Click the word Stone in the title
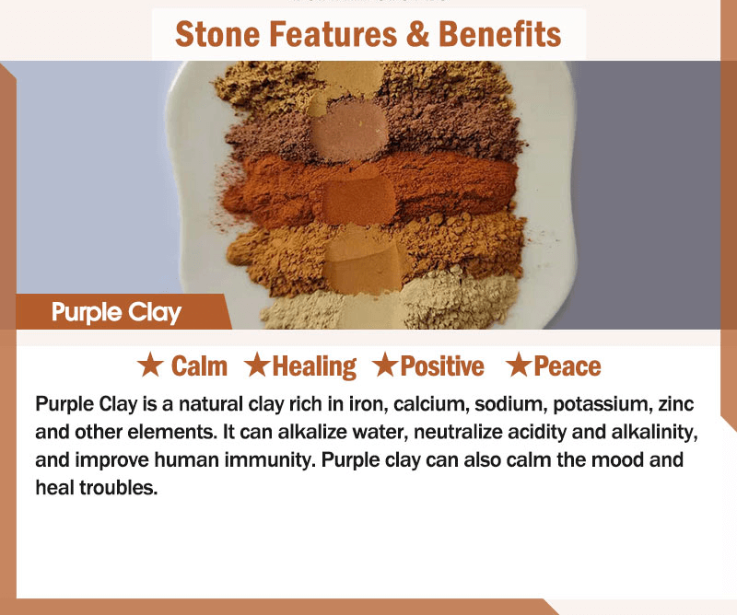[x=216, y=34]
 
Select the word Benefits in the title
[x=499, y=34]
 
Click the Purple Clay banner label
[x=116, y=312]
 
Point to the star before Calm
[x=150, y=366]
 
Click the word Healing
[x=314, y=366]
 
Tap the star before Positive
[x=385, y=366]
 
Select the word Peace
[x=567, y=366]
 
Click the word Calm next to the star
[x=199, y=366]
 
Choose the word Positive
[x=442, y=366]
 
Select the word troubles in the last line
[x=118, y=488]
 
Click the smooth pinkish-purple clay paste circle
[x=349, y=131]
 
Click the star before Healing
[x=257, y=366]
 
